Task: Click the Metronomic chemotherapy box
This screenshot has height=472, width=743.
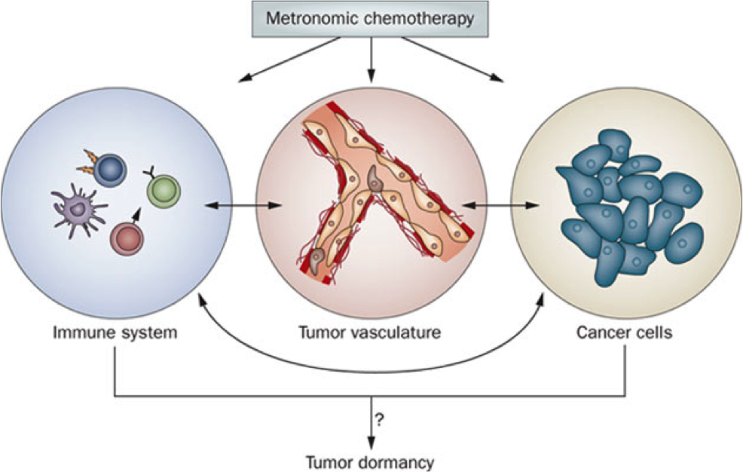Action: tap(370, 19)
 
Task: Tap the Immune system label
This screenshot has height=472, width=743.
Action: tap(115, 333)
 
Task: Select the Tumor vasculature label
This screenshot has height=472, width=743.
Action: tap(369, 333)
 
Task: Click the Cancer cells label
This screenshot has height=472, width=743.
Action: tap(624, 333)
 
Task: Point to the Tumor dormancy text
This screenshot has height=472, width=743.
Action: tap(369, 461)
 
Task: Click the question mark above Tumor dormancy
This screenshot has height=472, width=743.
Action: tap(378, 419)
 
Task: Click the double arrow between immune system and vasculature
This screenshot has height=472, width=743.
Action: tap(244, 205)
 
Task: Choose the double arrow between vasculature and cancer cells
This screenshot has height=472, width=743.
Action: tap(501, 205)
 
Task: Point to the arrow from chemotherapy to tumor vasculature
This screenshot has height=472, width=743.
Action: tap(371, 60)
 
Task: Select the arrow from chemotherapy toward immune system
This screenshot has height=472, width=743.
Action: tap(289, 60)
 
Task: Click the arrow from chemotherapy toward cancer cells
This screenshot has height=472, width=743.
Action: tap(453, 60)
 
